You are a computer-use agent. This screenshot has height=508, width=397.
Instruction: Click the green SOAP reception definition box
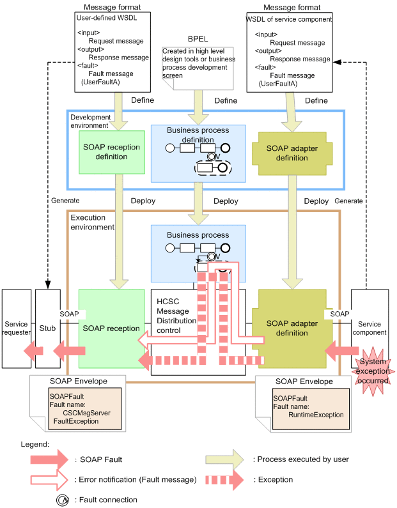coord(111,152)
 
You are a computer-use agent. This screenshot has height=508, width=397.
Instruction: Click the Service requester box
coord(16,328)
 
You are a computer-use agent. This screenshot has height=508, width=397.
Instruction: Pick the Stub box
coord(48,328)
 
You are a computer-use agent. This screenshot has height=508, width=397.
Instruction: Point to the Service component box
coord(370,328)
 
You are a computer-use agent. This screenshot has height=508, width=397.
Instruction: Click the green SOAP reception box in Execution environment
coord(111,328)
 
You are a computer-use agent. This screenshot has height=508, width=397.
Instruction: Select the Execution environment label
coord(92,222)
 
